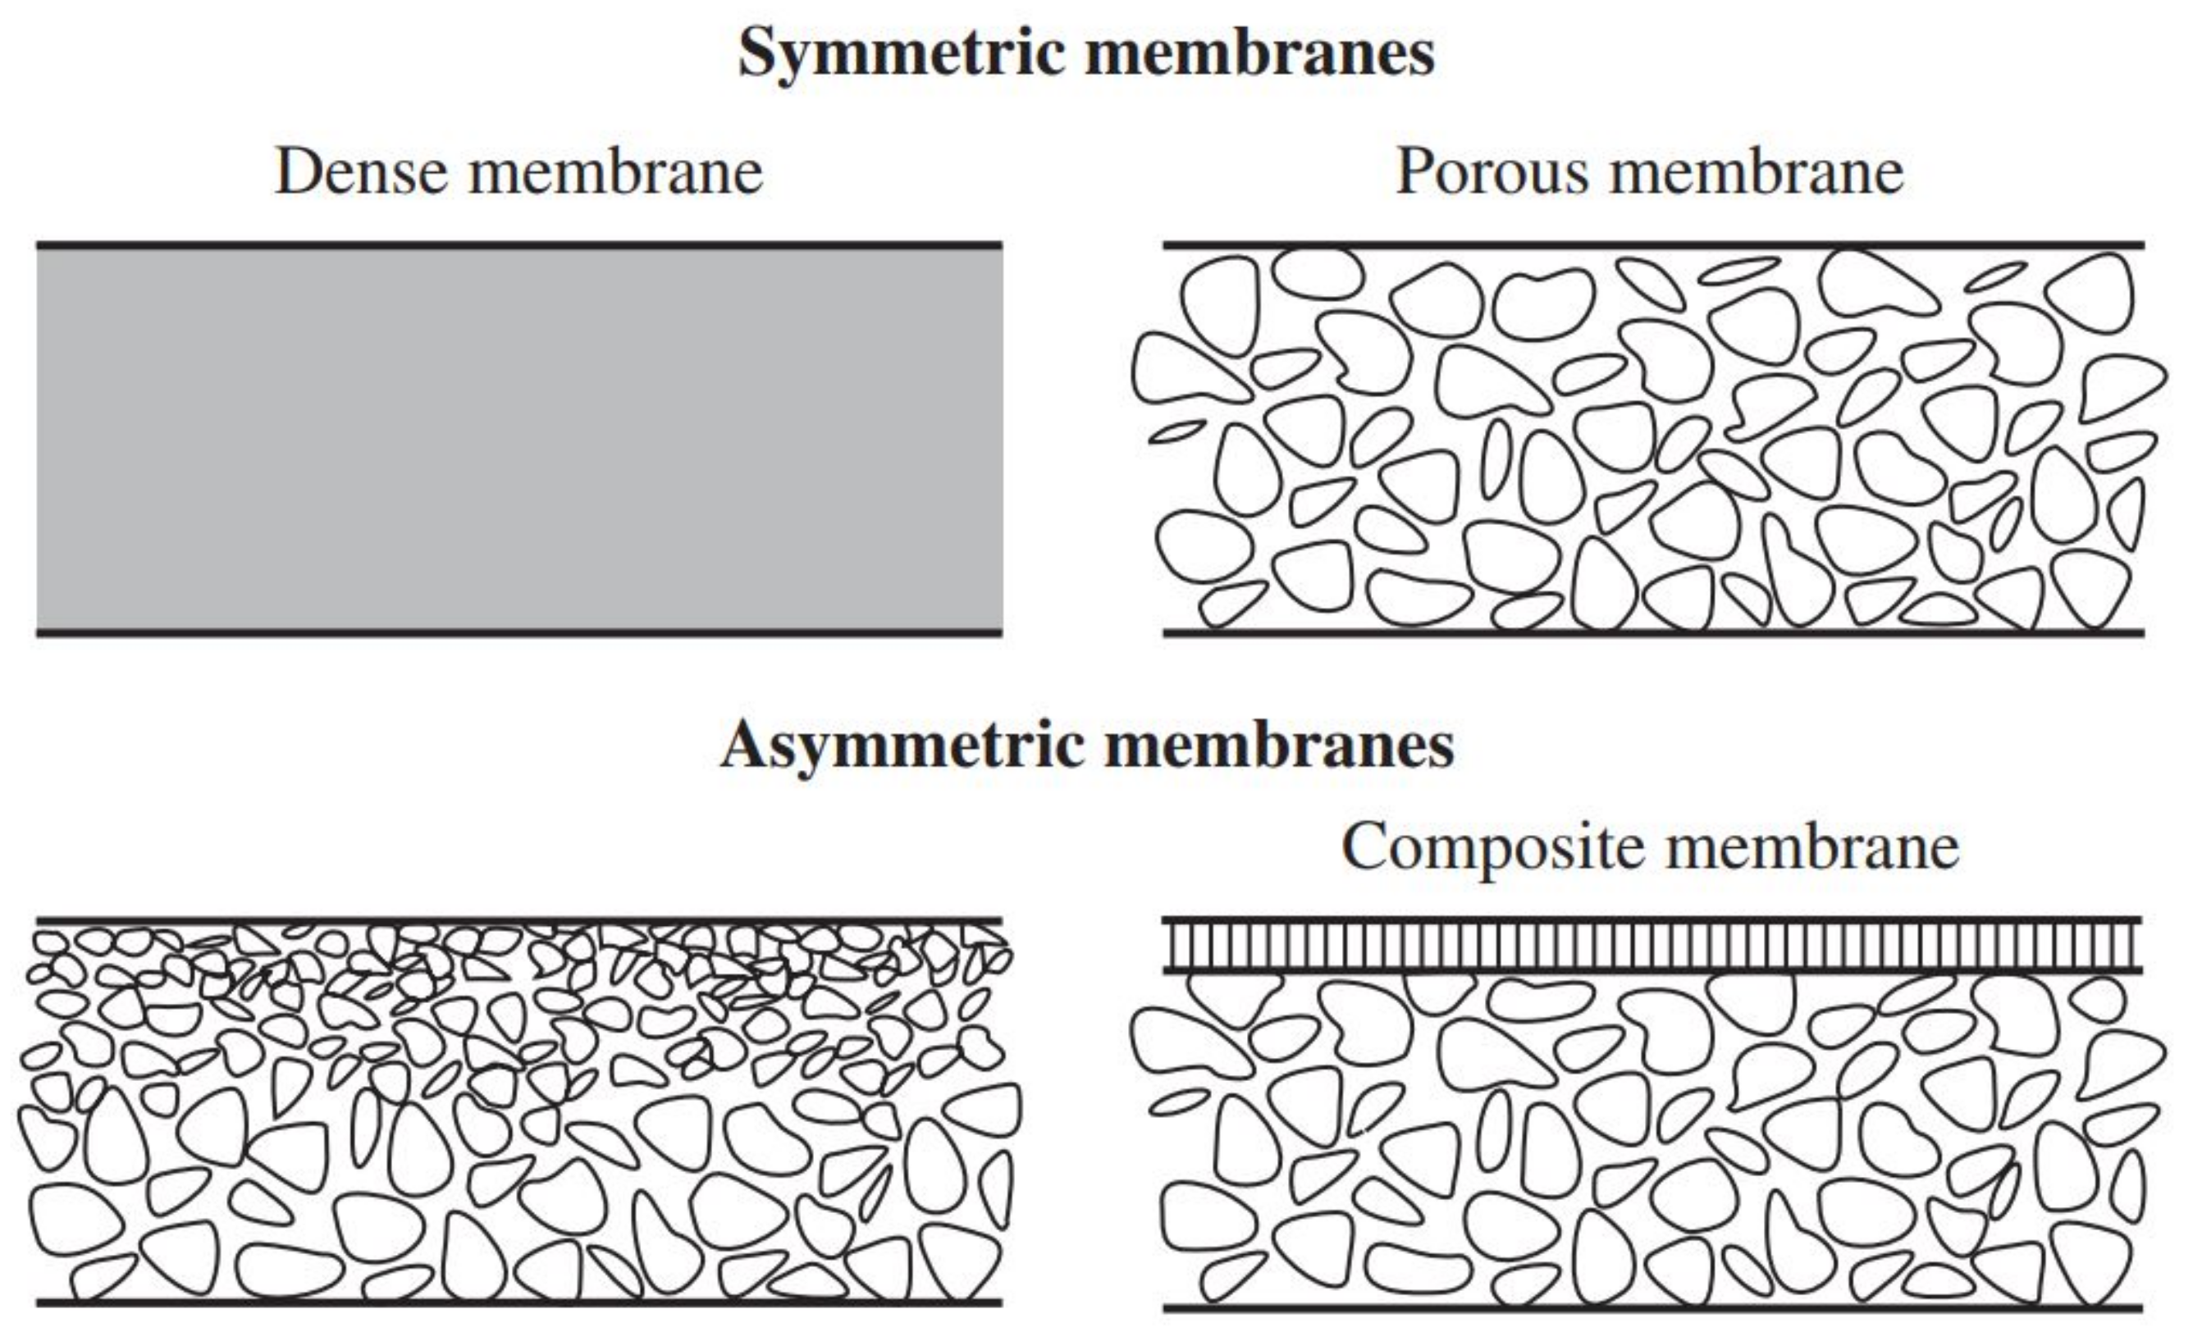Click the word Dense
tap(360, 171)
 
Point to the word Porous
tap(1492, 171)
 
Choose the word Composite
tap(1492, 847)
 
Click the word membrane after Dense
tap(616, 171)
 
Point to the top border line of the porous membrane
tap(1653, 244)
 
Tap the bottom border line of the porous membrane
tap(1653, 632)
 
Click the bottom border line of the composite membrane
tap(1653, 1309)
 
